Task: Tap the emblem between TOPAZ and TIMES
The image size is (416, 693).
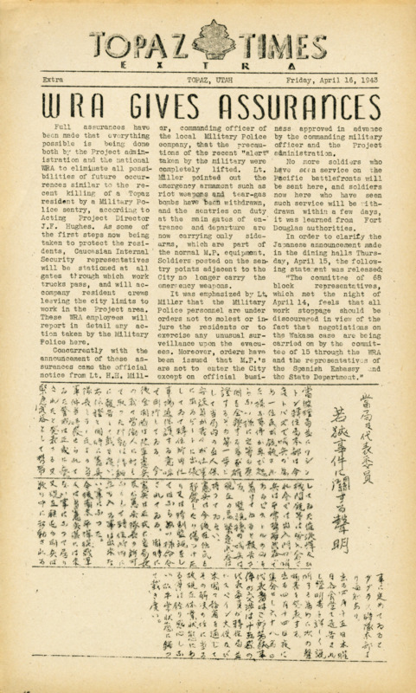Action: [x=207, y=37]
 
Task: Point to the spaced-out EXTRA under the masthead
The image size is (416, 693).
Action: [x=208, y=65]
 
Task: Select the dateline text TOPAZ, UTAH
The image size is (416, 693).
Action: [x=208, y=80]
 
